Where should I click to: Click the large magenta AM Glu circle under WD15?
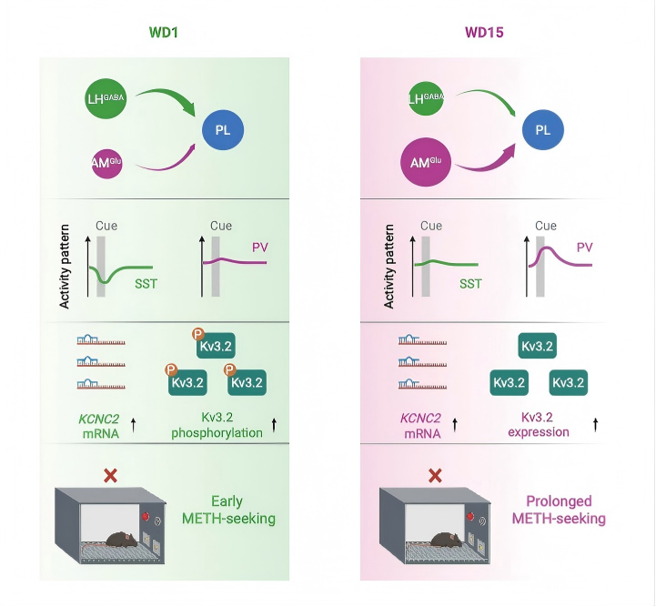(428, 164)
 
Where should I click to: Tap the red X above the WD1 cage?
(110, 475)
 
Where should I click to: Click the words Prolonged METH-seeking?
(559, 510)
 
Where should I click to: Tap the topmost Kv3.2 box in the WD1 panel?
(217, 347)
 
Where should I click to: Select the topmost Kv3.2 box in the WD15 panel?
(538, 345)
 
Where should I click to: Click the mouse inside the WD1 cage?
(119, 540)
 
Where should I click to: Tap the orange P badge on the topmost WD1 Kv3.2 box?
(197, 335)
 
